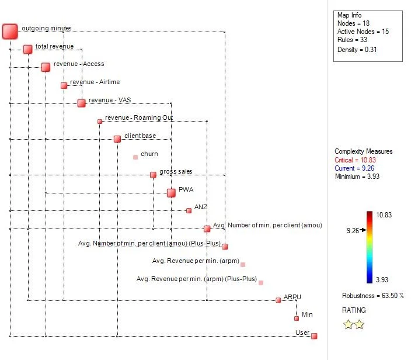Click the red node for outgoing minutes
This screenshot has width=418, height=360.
pos(10,32)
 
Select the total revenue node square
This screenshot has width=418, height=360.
pos(28,49)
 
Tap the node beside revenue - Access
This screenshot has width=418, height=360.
pos(46,67)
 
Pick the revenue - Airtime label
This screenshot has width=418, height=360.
pos(95,82)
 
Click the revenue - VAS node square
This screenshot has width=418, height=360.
pos(81,103)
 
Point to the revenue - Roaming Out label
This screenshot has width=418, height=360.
pos(139,118)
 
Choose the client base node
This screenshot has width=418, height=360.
pos(117,139)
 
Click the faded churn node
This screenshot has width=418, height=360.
pos(135,157)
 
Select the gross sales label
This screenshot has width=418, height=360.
pos(176,172)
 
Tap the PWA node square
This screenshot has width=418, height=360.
pos(171,193)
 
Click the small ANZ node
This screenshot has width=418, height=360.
pos(189,210)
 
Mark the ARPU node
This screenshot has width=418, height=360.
pos(278,300)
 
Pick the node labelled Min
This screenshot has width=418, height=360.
pos(297,318)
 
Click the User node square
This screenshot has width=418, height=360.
pos(314,336)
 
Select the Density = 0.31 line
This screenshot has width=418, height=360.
pos(356,50)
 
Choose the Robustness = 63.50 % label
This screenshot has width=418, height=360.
pos(372,296)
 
